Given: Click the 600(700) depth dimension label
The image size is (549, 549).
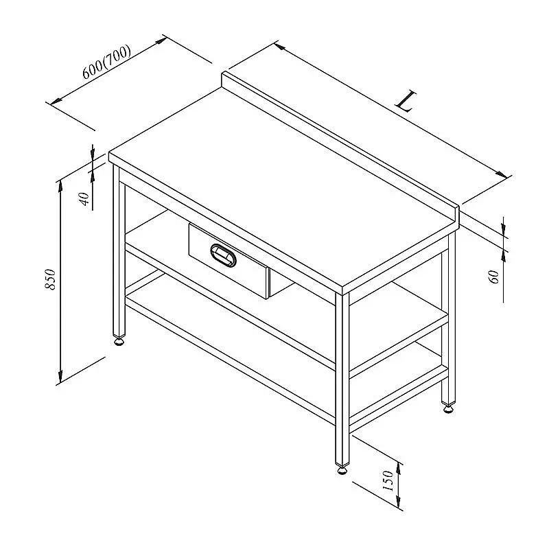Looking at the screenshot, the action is coord(107,62).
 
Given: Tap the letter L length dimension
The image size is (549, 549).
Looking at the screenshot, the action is coord(406,101).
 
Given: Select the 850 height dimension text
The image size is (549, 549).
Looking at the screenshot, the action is coord(50,279).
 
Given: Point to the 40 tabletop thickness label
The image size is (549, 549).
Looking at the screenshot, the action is coord(84,199).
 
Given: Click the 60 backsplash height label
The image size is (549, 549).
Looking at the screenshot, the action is coord(493,277).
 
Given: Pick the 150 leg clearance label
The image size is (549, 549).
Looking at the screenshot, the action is coord(388,480).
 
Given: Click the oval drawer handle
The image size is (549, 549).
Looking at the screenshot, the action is coord(223,255).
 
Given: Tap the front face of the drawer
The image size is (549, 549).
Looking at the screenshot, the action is coord(229,261).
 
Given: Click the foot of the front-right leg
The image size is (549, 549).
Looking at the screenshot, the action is coord(342,469).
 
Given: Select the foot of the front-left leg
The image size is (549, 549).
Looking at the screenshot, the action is coord(119,340).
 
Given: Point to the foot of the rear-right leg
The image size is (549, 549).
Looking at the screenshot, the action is coord(448,408).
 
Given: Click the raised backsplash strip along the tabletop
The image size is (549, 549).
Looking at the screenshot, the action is coord(340,146).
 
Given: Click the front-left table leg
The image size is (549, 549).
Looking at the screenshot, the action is coord(119,250).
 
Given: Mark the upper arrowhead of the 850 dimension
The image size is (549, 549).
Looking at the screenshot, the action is coord(60,185).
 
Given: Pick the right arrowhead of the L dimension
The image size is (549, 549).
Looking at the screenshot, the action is coord(501,174).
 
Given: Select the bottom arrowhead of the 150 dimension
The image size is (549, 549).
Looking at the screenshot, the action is coord(399,502).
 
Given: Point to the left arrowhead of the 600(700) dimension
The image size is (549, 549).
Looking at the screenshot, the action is coord(56,101).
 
